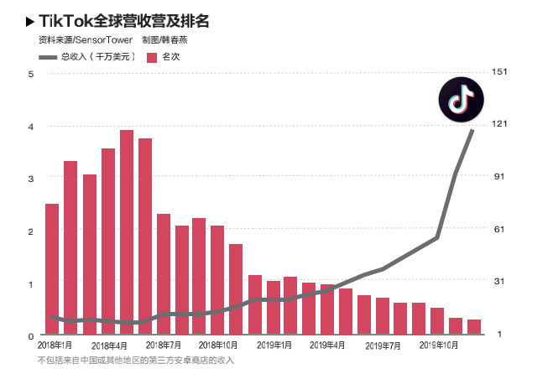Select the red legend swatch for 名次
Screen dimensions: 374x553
[152, 57]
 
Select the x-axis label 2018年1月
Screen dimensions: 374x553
[55, 345]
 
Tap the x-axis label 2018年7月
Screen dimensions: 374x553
[164, 345]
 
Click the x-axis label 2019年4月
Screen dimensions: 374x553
[327, 345]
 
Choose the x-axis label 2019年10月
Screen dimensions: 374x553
[437, 345]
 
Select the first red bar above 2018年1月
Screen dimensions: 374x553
[52, 268]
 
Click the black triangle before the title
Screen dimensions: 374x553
[31, 21]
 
